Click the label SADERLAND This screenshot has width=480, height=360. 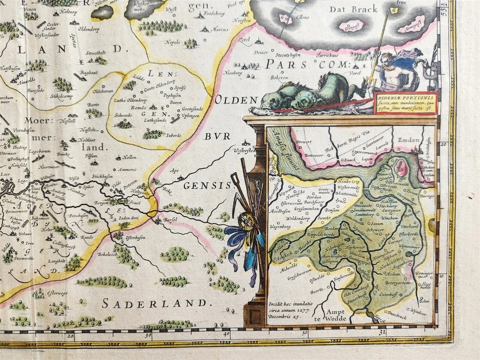click(154, 303)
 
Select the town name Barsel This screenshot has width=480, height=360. click(170, 220)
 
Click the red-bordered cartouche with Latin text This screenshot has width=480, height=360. click(405, 103)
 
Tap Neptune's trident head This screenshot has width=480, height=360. click(385, 18)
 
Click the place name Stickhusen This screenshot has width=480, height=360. click(103, 177)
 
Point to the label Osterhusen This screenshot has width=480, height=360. click(135, 238)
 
